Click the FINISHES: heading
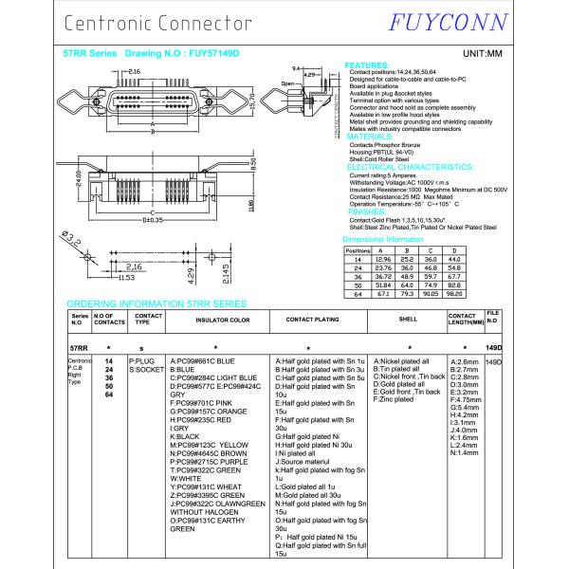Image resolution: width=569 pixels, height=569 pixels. click(x=367, y=211)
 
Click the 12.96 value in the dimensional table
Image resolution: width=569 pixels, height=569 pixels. click(x=383, y=258)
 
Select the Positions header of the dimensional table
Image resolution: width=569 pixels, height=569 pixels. click(x=358, y=249)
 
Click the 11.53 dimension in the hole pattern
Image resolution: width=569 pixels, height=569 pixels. click(x=124, y=278)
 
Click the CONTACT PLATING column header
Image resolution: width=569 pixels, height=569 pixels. click(x=313, y=321)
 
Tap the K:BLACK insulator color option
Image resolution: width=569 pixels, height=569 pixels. click(x=184, y=436)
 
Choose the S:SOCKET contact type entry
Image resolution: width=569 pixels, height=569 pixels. click(x=146, y=370)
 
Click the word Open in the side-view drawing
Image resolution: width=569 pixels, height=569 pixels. click(x=288, y=83)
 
